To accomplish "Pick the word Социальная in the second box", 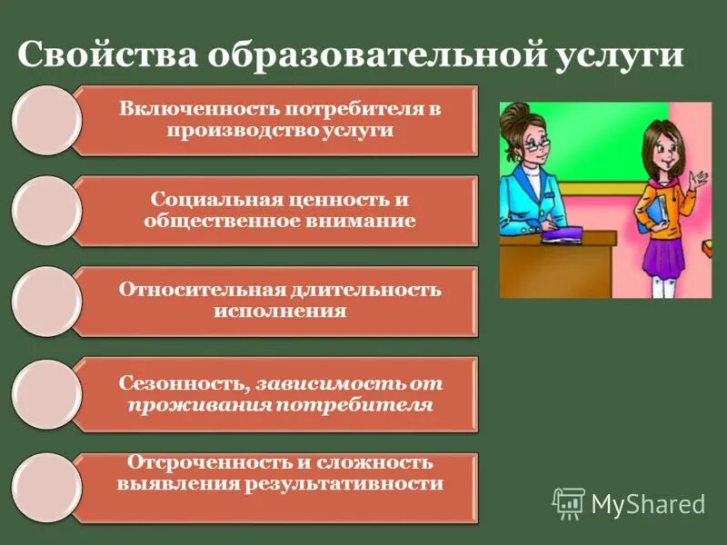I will (204, 200).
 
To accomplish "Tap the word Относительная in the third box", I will (201, 291).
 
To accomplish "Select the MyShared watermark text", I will (648, 503).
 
